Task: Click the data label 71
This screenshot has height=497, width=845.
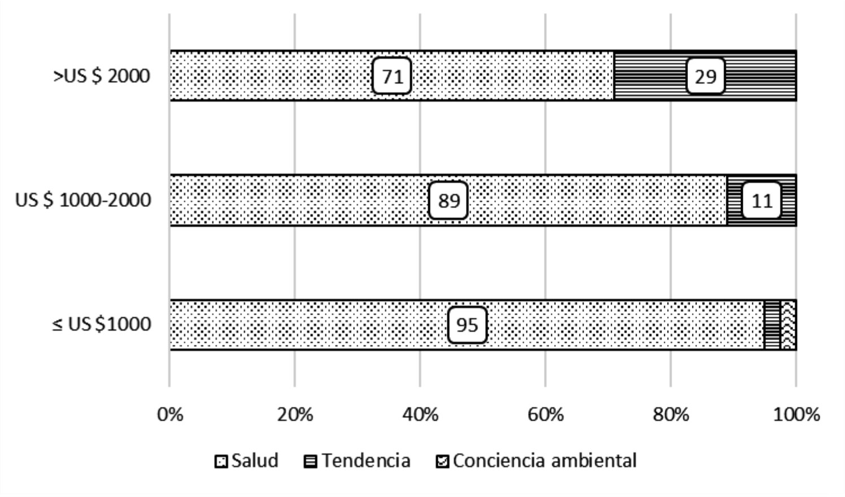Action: click(391, 76)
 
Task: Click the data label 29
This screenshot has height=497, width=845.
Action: click(705, 76)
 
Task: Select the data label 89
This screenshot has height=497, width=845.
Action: click(448, 200)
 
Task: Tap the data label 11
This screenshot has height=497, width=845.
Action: click(761, 200)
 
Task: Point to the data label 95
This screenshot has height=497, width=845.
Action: click(467, 325)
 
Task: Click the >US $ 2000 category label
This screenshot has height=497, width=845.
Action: click(102, 76)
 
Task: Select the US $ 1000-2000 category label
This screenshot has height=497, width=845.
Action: click(83, 200)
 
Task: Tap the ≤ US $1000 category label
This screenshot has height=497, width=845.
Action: click(102, 324)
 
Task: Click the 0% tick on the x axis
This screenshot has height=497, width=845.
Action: click(170, 415)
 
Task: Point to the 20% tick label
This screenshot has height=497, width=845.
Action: click(295, 415)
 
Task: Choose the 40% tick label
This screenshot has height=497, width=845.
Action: click(420, 415)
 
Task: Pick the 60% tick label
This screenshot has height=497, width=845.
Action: click(546, 415)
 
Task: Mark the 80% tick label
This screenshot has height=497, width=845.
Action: click(670, 415)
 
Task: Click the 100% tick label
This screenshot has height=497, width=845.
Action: click(796, 415)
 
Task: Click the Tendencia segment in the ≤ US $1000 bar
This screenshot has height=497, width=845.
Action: click(772, 325)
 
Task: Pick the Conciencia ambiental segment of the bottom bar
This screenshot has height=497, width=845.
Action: click(789, 325)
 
